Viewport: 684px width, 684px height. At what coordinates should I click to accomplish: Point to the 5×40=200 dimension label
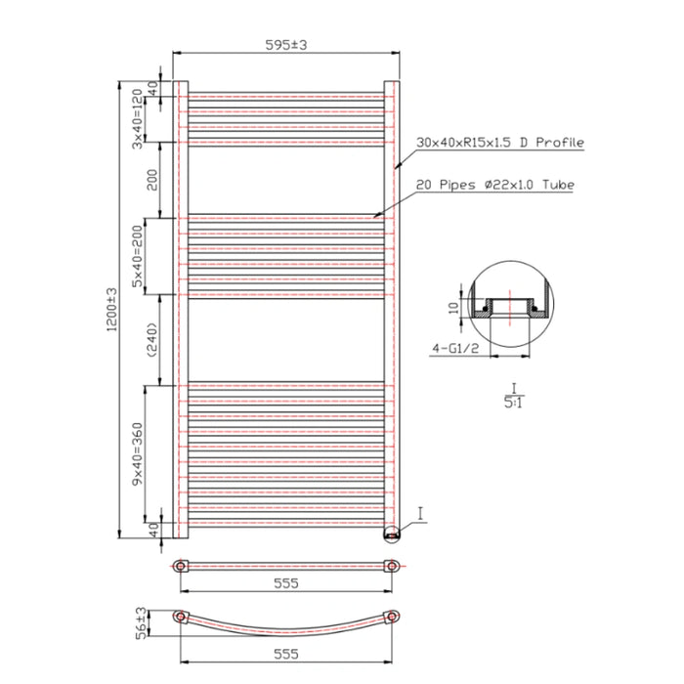tap(138, 255)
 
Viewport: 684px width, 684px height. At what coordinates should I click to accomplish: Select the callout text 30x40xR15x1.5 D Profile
tap(499, 143)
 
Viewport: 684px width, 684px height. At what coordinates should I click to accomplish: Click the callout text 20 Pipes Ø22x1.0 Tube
tap(494, 184)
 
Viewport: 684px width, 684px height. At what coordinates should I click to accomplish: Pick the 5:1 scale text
tap(511, 400)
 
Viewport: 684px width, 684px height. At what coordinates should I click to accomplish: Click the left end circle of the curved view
tap(180, 617)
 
